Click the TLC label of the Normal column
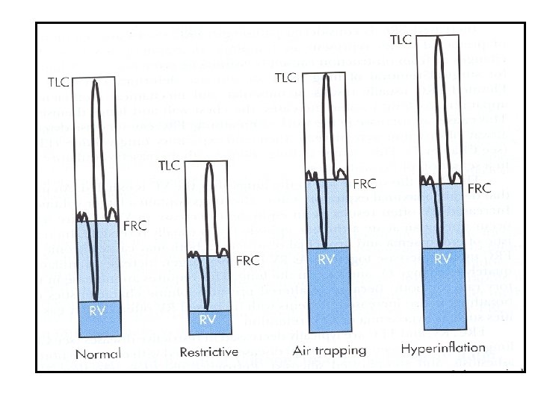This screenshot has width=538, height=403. pos(62,80)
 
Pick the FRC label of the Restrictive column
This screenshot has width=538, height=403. pos(247,260)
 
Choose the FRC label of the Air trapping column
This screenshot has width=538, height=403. pos(364,183)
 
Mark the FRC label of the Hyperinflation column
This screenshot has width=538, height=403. pos(479,189)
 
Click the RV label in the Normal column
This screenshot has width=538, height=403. pos(98,310)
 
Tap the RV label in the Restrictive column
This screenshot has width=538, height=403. pos(208,319)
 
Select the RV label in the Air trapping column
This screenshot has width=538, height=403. pos(327,260)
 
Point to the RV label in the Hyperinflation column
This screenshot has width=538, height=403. pos(442,259)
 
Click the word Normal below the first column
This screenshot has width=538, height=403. pos(98,353)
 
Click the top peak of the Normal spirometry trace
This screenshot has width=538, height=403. pos(95,80)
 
